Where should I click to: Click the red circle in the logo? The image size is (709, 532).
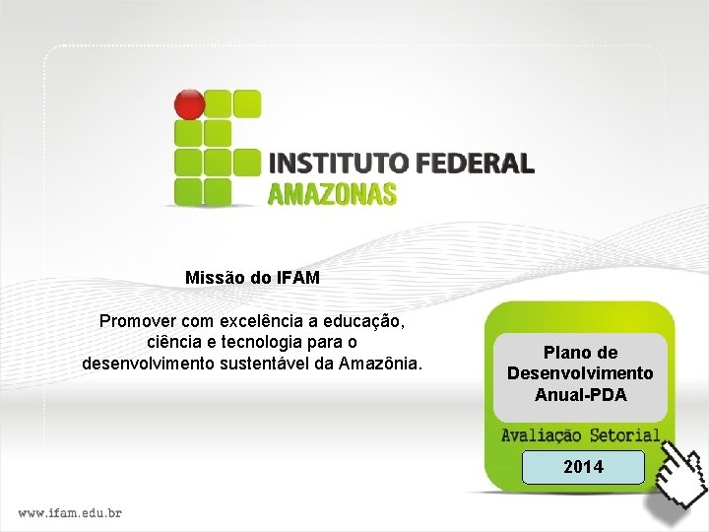(x=189, y=103)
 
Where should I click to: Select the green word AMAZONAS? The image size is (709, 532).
(x=332, y=193)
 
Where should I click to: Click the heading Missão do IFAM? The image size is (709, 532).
(x=253, y=278)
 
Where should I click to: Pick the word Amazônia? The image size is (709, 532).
(x=384, y=364)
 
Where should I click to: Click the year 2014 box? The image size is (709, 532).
(x=583, y=466)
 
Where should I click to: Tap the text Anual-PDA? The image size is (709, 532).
(x=580, y=395)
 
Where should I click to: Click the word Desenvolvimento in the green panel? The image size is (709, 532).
(x=580, y=373)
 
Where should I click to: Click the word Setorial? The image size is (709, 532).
(x=626, y=434)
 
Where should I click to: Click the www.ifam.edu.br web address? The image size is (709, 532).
(x=71, y=512)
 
